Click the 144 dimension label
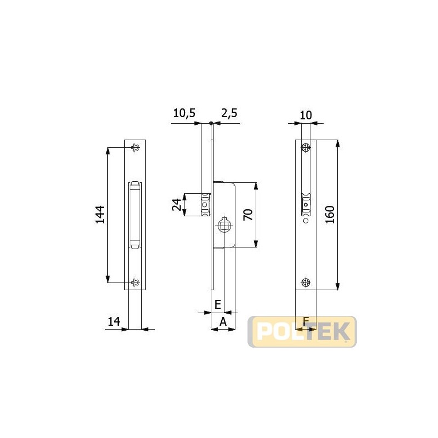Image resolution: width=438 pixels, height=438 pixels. pos(100,215)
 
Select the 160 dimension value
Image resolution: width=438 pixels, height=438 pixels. pos(330,215)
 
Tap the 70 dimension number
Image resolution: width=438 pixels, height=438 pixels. pos(248,215)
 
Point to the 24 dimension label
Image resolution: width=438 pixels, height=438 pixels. pos(176,205)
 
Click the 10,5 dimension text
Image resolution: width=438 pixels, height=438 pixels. pos(185,113)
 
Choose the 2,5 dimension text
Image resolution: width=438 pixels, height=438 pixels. pos(229,113)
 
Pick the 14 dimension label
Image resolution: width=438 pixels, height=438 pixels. pos(114,321)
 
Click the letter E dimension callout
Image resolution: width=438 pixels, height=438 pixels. pos(218,304)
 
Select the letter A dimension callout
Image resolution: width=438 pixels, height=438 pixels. pos(223,322)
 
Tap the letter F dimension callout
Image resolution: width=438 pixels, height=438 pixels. pos(306,321)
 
